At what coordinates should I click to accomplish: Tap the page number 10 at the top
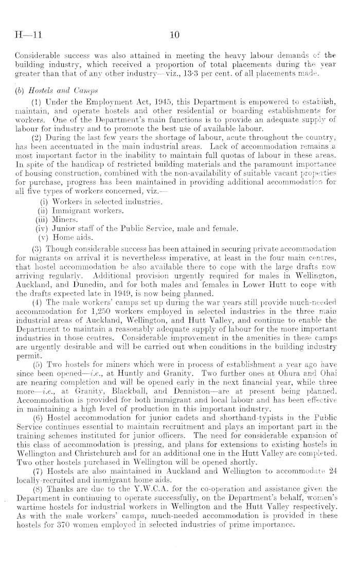pos(174,35)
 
